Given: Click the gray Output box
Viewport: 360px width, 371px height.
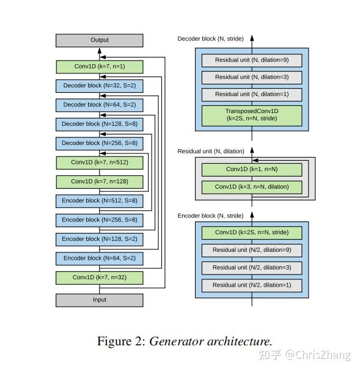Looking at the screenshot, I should [99, 40].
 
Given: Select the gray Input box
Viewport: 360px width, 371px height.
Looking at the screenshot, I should [99, 300].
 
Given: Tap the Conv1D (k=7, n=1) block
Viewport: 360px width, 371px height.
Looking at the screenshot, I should [99, 67].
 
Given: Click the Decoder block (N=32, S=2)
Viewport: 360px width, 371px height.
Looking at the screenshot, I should [99, 86].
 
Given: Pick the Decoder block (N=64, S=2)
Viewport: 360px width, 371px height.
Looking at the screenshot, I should [99, 105].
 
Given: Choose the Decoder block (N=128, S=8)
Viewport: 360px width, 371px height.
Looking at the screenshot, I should [99, 125].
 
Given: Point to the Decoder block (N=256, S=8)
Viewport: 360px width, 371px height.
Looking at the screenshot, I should [99, 144].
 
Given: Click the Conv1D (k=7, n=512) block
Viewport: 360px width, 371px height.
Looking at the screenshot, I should [99, 163].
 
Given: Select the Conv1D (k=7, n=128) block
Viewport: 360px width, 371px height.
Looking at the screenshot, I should [99, 182].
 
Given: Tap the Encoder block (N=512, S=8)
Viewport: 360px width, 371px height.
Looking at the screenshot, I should [99, 200].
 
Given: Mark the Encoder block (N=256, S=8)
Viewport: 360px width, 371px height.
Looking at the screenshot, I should [99, 220].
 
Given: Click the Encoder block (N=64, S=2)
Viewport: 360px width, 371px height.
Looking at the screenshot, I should [99, 259].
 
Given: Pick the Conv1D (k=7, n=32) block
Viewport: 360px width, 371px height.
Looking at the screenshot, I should [99, 277].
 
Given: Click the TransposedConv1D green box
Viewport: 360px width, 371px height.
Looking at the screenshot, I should [251, 114].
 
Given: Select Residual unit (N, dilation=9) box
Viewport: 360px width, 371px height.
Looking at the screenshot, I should [251, 60].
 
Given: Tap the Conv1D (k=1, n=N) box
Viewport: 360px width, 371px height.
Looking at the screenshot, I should [251, 169].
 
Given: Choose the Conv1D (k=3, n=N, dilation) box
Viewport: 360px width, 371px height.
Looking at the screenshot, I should [251, 187].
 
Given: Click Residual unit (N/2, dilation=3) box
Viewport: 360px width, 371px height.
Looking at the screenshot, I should [251, 268].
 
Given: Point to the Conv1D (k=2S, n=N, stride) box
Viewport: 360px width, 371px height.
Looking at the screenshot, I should [251, 233].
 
